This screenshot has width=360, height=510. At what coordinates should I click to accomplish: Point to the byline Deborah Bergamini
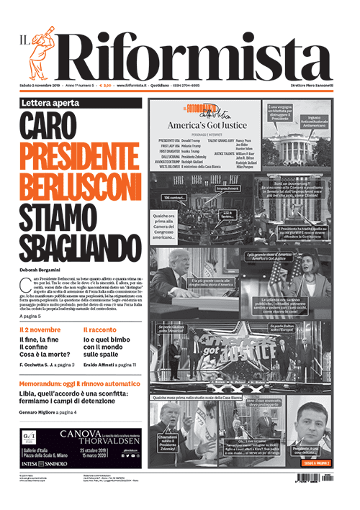tap(45, 270)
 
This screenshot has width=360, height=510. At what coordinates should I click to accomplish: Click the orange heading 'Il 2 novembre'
tap(40, 330)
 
